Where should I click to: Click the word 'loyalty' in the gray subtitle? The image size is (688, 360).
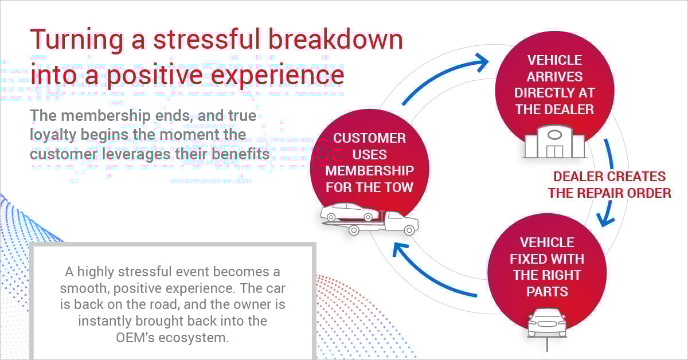pos(56,135)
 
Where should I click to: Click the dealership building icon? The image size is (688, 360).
pos(554,142)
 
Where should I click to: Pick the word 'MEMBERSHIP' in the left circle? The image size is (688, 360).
pos(370,171)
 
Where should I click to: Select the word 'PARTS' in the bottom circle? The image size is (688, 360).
pos(547,291)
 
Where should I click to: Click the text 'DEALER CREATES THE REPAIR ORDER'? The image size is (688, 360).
pos(609,185)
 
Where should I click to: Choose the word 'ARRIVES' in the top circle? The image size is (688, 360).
pos(554,76)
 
